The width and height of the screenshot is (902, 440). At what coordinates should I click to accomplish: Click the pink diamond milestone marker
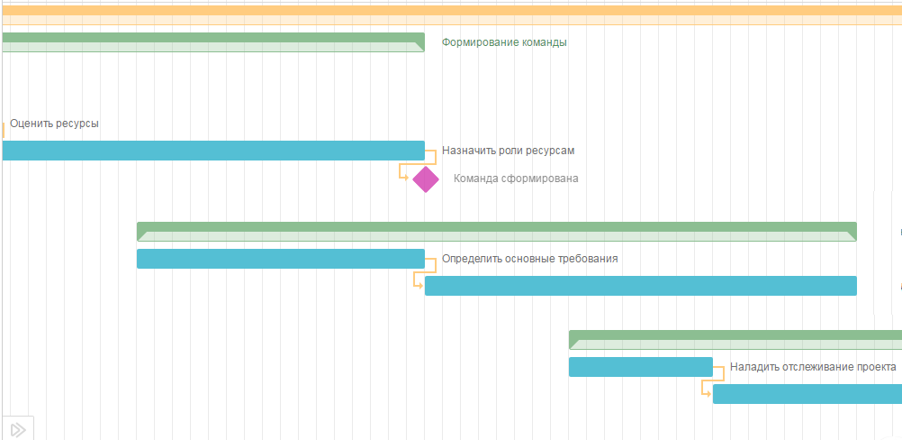[426, 179]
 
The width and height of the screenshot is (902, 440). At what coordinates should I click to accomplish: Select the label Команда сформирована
[516, 179]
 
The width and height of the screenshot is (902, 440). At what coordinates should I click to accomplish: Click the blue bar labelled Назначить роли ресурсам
[212, 151]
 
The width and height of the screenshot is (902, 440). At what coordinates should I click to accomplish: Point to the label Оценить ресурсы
[54, 124]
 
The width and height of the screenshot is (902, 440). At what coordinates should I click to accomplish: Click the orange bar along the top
[450, 11]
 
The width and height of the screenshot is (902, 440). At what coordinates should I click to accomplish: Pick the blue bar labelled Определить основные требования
[280, 259]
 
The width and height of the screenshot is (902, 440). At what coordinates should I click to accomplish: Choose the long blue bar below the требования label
[640, 286]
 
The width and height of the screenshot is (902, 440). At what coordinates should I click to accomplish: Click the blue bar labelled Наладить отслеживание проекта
[640, 367]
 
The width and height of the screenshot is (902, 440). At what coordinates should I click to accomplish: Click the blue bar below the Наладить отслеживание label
[807, 394]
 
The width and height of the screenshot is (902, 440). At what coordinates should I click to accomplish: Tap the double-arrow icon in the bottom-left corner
[17, 429]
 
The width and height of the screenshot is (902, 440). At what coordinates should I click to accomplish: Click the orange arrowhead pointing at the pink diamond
[405, 177]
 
